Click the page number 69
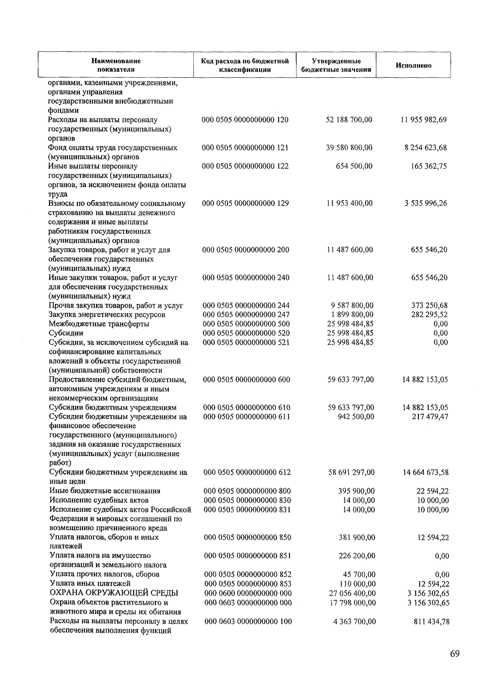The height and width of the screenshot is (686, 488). click(x=455, y=654)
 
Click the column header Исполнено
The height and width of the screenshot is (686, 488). click(x=414, y=66)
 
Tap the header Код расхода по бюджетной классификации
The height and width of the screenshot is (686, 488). click(x=245, y=66)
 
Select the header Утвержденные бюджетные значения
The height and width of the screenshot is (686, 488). click(x=336, y=66)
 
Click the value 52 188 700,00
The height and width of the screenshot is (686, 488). click(x=349, y=120)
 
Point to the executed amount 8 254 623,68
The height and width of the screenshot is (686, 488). click(x=425, y=148)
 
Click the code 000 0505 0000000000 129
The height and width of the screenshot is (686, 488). click(x=246, y=203)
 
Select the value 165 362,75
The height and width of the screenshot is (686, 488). click(x=429, y=166)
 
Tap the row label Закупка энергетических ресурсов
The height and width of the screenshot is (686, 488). click(x=107, y=315)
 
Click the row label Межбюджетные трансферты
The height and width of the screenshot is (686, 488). click(x=99, y=324)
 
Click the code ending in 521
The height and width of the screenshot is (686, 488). click(x=246, y=342)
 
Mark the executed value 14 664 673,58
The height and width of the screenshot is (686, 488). click(x=426, y=472)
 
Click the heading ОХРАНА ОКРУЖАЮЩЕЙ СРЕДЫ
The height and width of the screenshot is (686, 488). click(x=114, y=593)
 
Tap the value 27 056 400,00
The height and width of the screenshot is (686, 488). click(x=352, y=593)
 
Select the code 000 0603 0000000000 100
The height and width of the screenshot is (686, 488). click(x=248, y=621)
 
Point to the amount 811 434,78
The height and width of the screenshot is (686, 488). click(x=431, y=621)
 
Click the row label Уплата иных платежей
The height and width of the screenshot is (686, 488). click(x=90, y=583)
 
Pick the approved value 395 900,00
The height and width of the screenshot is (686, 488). click(x=356, y=491)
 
